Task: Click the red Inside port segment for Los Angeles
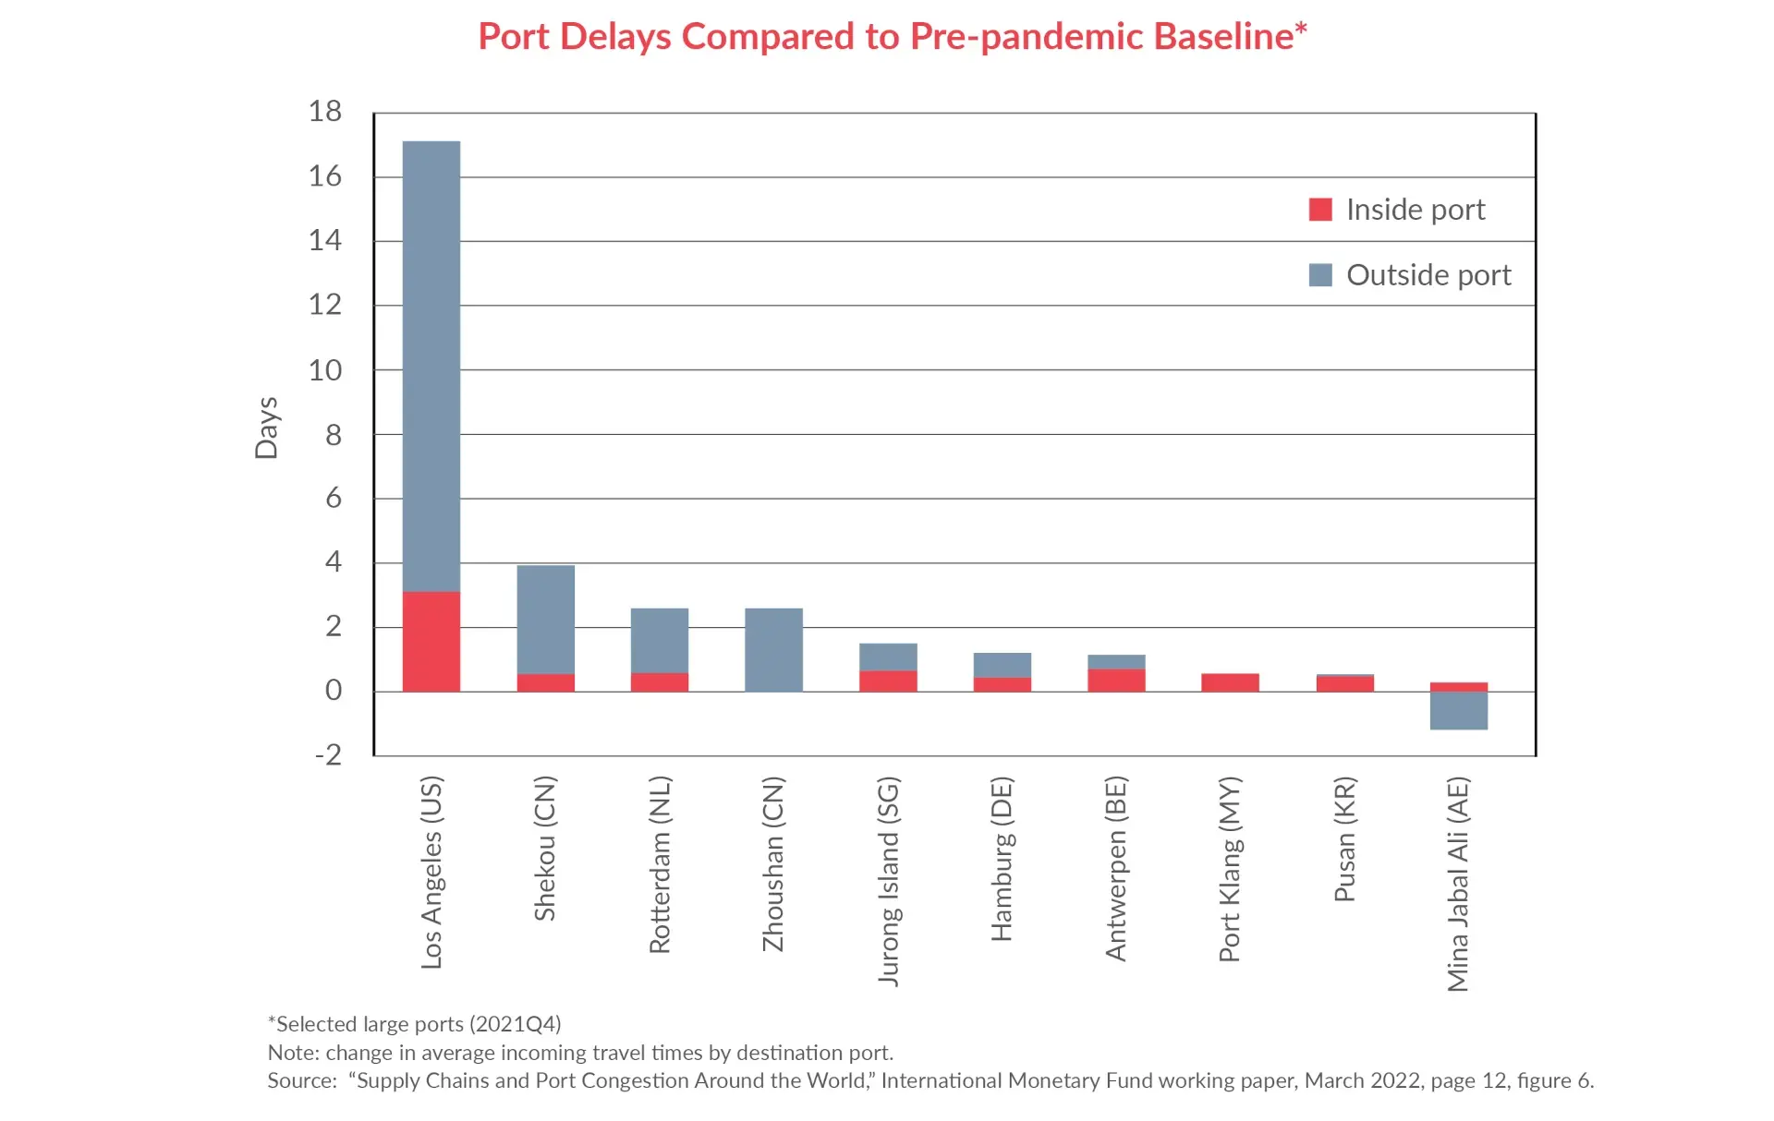click(431, 641)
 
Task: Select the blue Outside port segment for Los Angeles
click(431, 366)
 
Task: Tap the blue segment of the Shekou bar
click(545, 619)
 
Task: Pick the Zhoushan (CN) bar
click(773, 649)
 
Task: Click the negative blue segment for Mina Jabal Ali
click(1458, 710)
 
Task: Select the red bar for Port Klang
click(1230, 682)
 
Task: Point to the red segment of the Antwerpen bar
click(1116, 680)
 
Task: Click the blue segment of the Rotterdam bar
click(660, 640)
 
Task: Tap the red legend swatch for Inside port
click(1320, 210)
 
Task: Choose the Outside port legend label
click(1428, 275)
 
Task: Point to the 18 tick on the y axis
click(325, 112)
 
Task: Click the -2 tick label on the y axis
click(328, 754)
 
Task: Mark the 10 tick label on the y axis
click(325, 370)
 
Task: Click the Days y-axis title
click(266, 428)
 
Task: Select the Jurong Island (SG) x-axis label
click(888, 881)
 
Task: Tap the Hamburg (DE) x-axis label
click(1002, 859)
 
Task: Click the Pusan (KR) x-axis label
click(1344, 839)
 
